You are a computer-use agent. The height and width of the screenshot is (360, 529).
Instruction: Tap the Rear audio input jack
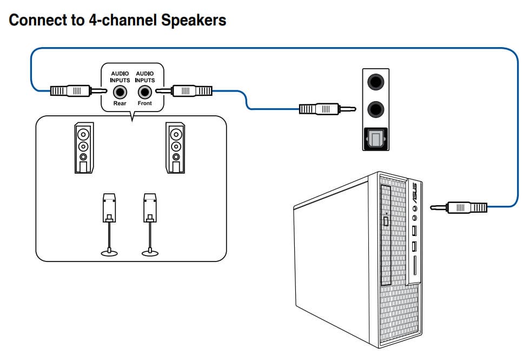119,90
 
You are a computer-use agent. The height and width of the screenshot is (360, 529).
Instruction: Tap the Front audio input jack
144,90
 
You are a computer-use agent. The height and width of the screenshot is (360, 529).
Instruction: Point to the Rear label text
119,103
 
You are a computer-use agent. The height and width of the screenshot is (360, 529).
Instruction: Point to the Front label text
144,103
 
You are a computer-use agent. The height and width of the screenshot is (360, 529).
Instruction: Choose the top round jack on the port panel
376,83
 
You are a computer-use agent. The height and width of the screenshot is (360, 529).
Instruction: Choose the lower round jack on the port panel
376,110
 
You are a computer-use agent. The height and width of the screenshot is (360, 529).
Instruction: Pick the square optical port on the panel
376,140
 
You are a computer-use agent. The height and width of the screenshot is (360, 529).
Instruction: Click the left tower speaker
83,147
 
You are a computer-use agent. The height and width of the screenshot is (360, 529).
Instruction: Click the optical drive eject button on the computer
386,220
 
